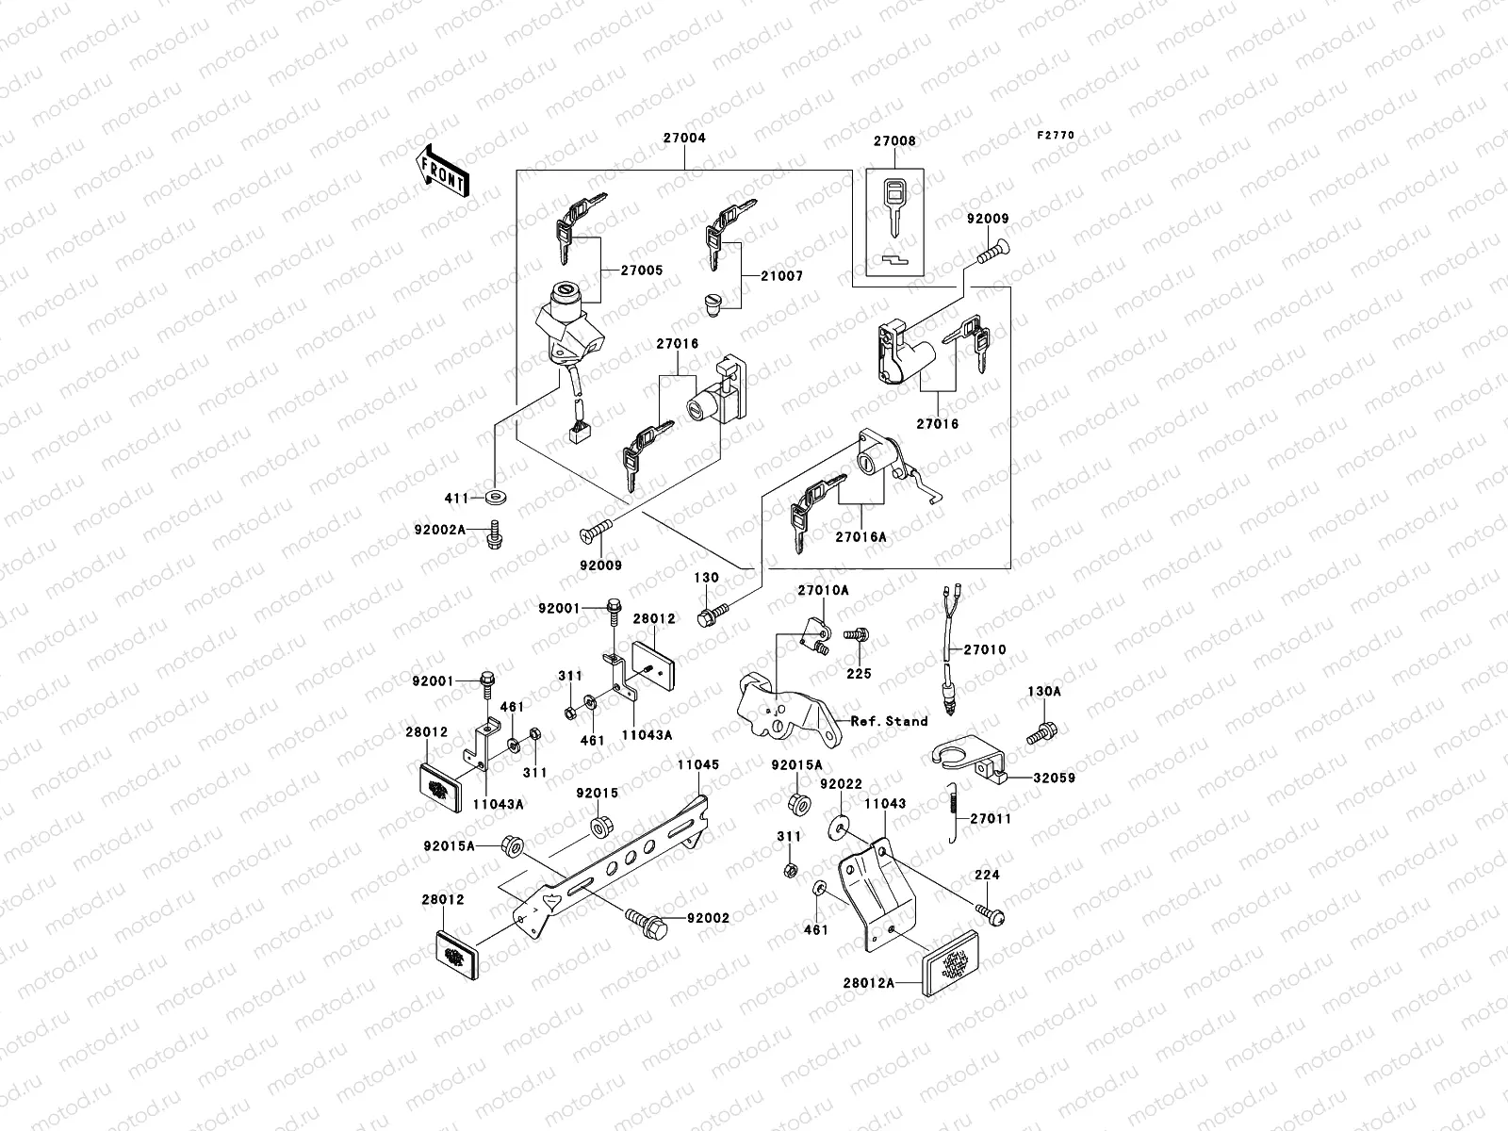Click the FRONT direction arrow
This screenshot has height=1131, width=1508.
(443, 170)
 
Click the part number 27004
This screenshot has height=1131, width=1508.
(683, 138)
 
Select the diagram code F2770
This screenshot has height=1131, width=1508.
(1056, 136)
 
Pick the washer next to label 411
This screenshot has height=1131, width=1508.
(494, 496)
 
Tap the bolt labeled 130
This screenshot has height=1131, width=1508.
(707, 617)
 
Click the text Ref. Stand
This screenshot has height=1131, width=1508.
(889, 721)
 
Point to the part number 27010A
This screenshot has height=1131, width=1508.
(823, 590)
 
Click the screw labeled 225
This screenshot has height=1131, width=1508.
(856, 637)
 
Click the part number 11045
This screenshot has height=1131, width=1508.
(697, 765)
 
